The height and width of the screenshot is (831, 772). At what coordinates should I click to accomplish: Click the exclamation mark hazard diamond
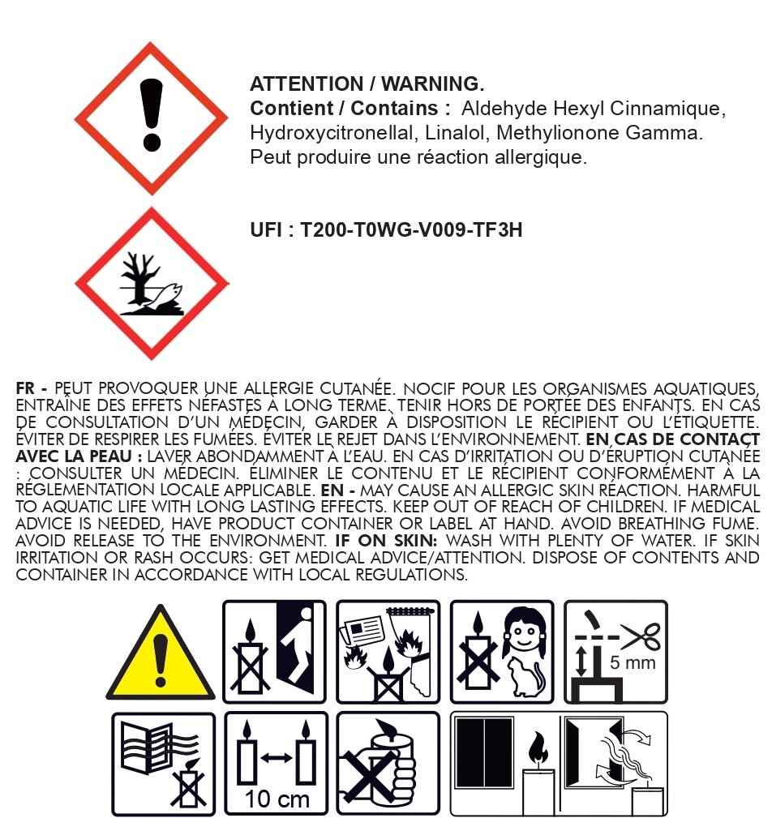[151, 118]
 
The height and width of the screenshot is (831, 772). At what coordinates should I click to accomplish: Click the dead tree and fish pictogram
[151, 284]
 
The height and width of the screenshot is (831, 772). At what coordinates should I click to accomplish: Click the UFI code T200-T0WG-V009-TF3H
[411, 230]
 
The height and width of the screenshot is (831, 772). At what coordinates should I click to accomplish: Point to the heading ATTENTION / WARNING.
[367, 84]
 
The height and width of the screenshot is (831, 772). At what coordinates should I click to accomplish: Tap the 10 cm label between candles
[277, 799]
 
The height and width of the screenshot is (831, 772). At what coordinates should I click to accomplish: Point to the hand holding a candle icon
[388, 764]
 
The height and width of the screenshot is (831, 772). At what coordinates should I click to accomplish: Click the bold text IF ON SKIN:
[387, 541]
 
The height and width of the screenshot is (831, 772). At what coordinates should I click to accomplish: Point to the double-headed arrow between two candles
[277, 758]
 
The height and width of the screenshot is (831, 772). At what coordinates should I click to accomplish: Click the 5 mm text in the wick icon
[633, 663]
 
